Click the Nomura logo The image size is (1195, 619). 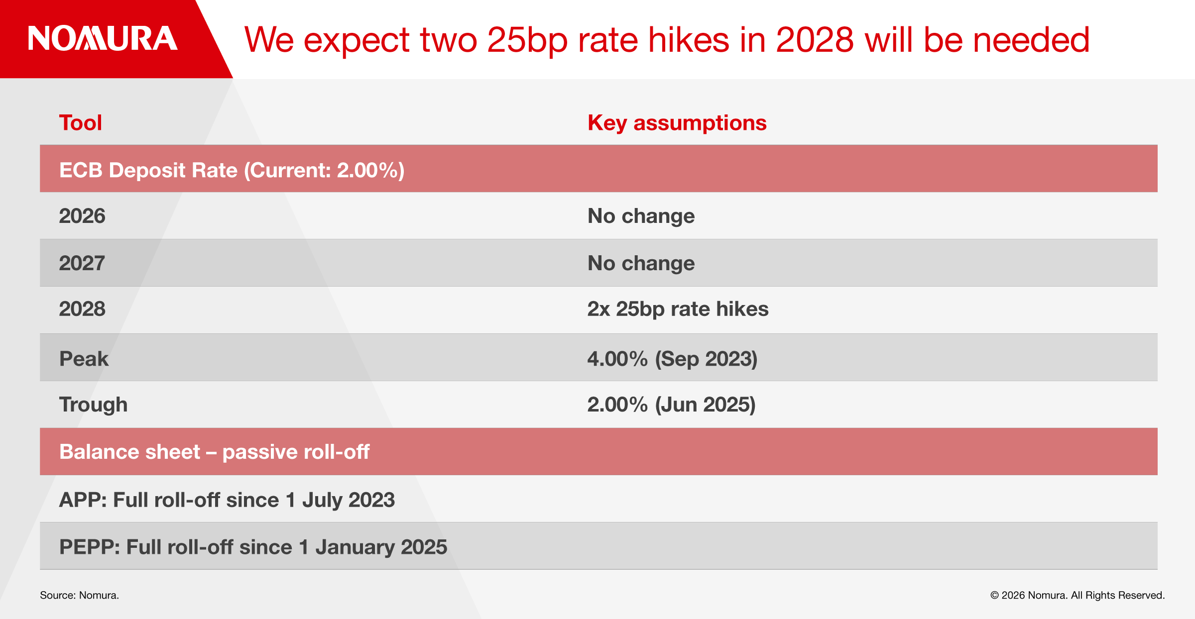click(x=103, y=39)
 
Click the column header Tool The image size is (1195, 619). click(x=81, y=123)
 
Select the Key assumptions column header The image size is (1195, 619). click(x=677, y=123)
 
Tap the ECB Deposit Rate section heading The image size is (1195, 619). click(x=232, y=170)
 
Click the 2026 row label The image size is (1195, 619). click(x=82, y=216)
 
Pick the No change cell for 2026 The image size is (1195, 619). click(x=641, y=216)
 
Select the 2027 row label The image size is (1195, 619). click(x=82, y=263)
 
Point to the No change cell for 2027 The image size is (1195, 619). click(x=641, y=263)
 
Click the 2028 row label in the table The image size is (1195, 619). click(x=82, y=309)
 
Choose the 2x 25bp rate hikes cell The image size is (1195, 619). click(x=678, y=309)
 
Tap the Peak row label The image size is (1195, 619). click(x=84, y=359)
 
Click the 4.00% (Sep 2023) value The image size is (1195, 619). click(x=672, y=359)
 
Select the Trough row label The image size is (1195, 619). click(x=93, y=405)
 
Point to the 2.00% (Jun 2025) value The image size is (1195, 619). click(x=671, y=405)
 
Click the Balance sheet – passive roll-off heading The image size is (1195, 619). click(x=214, y=452)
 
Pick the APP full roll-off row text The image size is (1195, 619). click(x=227, y=500)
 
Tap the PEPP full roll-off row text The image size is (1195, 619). click(x=253, y=547)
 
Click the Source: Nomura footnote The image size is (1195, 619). click(x=79, y=595)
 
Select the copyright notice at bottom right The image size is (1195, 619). click(x=1077, y=595)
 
